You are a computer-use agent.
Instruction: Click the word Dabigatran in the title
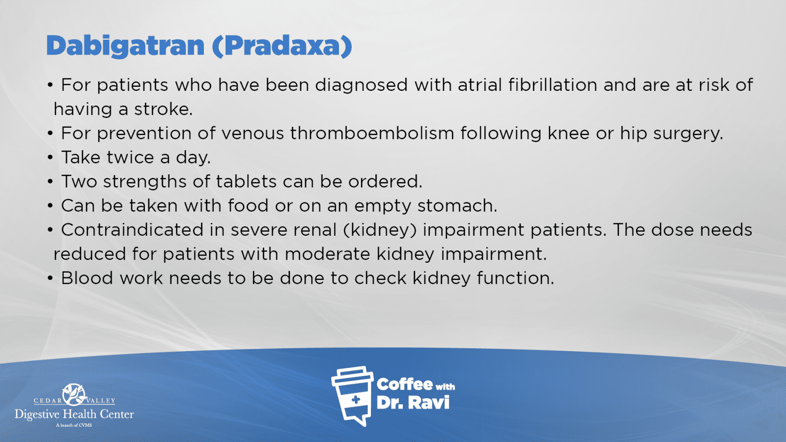tap(125, 46)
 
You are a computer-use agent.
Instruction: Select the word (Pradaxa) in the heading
tap(282, 46)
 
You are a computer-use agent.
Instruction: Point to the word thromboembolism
tap(372, 133)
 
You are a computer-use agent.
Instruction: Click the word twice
tap(130, 157)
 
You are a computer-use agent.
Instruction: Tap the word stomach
tap(457, 206)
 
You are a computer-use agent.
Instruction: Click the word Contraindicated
tap(132, 230)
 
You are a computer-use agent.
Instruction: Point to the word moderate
tap(327, 254)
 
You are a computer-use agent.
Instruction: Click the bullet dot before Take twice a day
tap(50, 158)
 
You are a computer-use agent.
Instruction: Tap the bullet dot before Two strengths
tap(50, 182)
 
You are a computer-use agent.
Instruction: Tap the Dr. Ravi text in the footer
tap(413, 403)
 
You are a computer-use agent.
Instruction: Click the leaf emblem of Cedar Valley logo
tap(74, 395)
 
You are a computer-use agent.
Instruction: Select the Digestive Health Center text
tap(74, 414)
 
